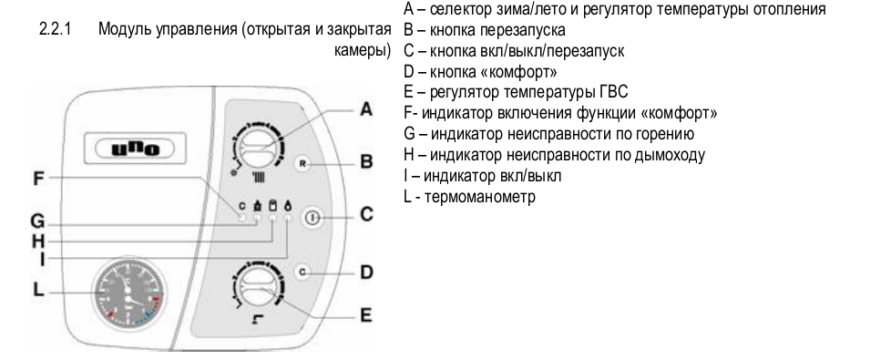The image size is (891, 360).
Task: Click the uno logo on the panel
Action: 135,149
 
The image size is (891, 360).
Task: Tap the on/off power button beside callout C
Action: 313,217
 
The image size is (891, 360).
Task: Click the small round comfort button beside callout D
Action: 302,273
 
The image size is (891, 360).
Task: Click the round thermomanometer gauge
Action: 130,294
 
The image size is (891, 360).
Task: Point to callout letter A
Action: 366,109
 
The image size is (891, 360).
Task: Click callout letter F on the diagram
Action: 38,179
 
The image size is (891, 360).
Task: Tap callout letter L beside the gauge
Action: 37,289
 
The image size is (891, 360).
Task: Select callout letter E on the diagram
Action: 366,314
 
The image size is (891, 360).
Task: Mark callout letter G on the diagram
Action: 37,221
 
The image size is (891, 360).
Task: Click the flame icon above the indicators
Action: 288,205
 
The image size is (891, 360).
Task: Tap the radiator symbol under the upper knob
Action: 259,178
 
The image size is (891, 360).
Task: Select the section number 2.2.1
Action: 55,29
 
